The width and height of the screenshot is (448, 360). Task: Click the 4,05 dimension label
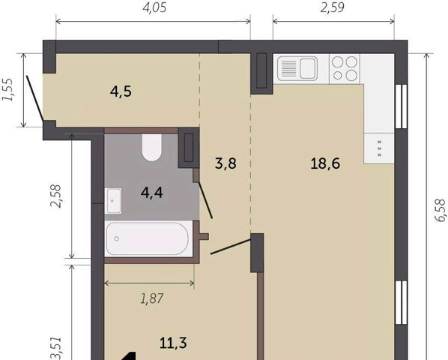pos(154,7)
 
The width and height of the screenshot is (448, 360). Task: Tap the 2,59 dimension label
pos(333,7)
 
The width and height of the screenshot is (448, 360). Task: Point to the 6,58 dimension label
pos(441,210)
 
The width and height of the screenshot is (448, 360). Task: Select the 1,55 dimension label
pos(7,89)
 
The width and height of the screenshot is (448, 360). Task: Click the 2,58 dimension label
pos(55,196)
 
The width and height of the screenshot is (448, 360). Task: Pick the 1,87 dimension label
pos(152,298)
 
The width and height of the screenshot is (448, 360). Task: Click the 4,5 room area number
pos(121,91)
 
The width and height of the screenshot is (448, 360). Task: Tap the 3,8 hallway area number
pos(225,163)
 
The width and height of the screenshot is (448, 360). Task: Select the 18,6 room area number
pos(325,163)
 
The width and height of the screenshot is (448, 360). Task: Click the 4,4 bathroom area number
pos(152,193)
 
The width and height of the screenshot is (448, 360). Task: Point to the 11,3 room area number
pos(173,343)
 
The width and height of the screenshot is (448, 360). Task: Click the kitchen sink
pos(297,68)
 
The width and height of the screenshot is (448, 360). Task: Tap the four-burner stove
pos(345,68)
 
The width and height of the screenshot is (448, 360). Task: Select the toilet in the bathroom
pos(152,148)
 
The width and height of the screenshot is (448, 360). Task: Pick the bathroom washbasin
pos(113,201)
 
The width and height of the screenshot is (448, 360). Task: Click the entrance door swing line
pos(35,98)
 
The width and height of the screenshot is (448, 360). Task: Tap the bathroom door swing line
pos(205,201)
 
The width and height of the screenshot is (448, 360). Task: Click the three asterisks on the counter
pos(379,148)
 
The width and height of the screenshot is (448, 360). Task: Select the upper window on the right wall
pos(401,106)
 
